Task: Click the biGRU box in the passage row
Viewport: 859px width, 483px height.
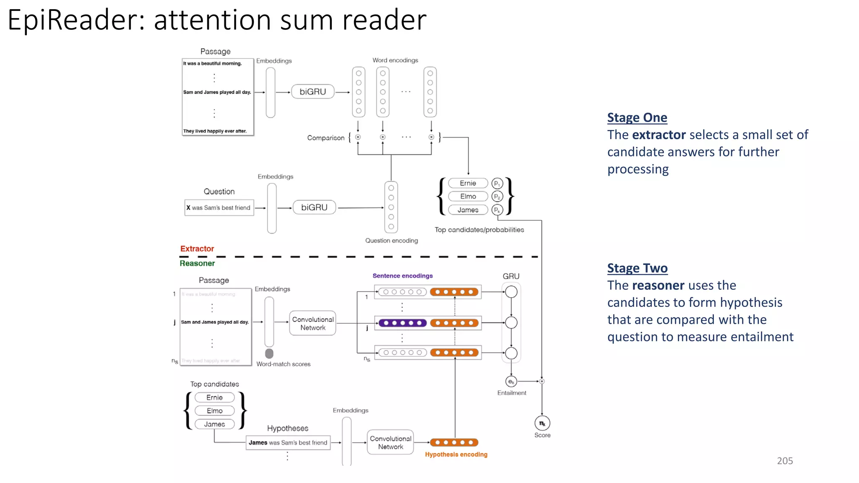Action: point(312,91)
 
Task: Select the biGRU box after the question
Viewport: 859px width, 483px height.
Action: point(314,207)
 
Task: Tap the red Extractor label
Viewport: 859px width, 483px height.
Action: point(197,249)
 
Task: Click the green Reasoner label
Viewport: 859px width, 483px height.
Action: point(197,263)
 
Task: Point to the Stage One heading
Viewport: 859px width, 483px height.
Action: point(637,117)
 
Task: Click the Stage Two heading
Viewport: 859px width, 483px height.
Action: point(637,268)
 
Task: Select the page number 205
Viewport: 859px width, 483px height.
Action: point(785,461)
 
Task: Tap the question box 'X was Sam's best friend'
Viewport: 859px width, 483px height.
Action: point(219,208)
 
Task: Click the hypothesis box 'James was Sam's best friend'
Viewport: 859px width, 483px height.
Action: point(288,442)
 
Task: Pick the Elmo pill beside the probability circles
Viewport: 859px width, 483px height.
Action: point(468,196)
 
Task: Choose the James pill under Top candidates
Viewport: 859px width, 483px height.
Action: point(214,424)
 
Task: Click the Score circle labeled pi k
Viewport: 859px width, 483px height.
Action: point(542,423)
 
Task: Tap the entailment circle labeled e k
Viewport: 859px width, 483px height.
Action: point(511,382)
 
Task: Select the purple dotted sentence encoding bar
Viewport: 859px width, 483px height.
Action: point(402,323)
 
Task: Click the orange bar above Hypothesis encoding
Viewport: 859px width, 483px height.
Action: point(454,442)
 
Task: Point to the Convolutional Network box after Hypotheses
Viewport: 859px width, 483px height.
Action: point(390,442)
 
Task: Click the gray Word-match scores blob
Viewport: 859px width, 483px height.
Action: point(269,353)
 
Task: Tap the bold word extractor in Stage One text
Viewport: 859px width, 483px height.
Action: point(659,135)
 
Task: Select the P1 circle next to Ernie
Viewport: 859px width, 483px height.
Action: point(497,183)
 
